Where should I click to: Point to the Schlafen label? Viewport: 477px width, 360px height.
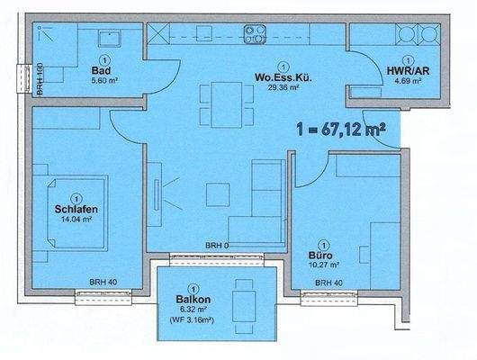pyautogui.click(x=76, y=210)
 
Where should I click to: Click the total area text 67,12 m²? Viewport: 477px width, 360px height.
pyautogui.click(x=339, y=130)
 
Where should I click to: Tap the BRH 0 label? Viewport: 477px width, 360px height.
pyautogui.click(x=217, y=246)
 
